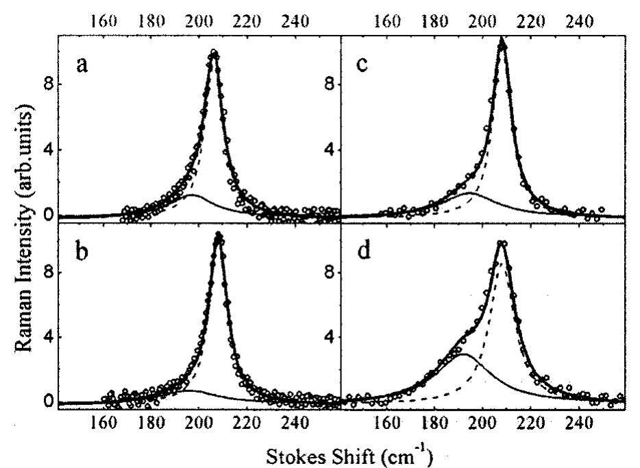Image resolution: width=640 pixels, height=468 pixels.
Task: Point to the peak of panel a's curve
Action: (x=213, y=53)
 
